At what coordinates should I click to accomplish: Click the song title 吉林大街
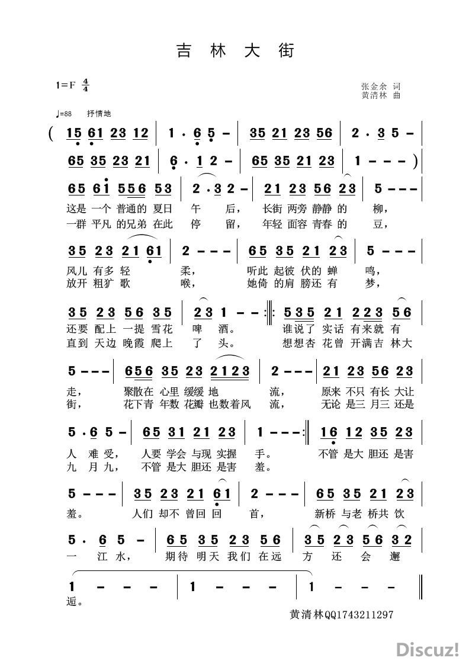pos(234,51)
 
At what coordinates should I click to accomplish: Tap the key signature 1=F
pos(66,85)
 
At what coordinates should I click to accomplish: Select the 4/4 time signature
pos(86,85)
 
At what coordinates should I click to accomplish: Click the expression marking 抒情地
pos(99,114)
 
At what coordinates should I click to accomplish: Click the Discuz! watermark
pos(428,649)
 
